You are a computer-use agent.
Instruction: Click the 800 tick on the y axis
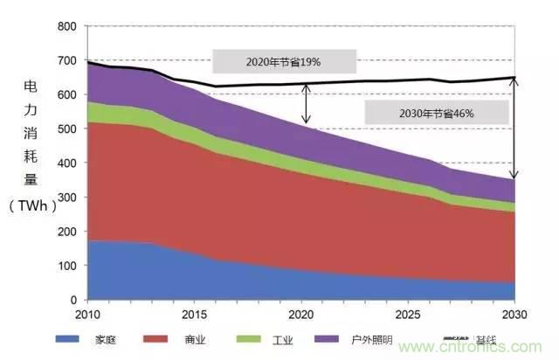(67, 26)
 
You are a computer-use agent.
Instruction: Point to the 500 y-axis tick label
(67, 129)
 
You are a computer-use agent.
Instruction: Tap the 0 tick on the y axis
(74, 300)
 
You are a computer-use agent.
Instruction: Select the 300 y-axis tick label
(67, 197)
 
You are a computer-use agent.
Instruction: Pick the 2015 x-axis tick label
(195, 314)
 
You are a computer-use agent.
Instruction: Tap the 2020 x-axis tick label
(302, 314)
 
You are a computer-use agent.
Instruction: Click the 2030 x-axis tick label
(515, 314)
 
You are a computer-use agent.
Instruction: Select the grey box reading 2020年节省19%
(284, 61)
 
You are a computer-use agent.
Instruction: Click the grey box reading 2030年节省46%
(437, 112)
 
